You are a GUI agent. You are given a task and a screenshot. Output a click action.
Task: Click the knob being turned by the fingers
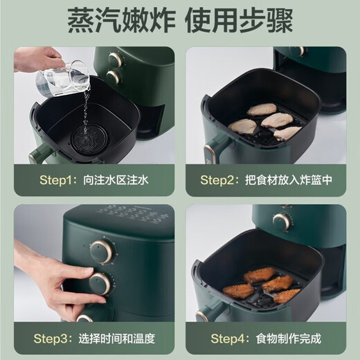tap(100, 283)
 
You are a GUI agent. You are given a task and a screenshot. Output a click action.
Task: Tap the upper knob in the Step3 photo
tap(102, 251)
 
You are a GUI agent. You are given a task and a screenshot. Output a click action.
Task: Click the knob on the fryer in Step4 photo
tap(281, 222)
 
